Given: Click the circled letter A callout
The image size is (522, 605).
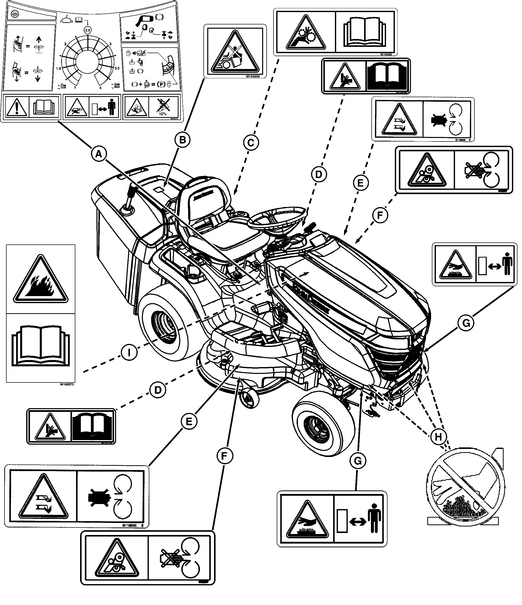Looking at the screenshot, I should click(x=99, y=153).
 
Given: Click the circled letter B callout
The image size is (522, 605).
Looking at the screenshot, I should click(x=182, y=140).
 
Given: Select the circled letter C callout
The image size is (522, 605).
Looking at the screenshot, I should click(x=251, y=143).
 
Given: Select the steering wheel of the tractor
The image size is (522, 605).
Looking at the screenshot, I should click(x=276, y=221).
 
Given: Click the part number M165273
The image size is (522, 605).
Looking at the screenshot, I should click(x=67, y=384).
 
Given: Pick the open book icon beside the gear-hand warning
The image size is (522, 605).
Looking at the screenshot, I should click(x=366, y=32).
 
